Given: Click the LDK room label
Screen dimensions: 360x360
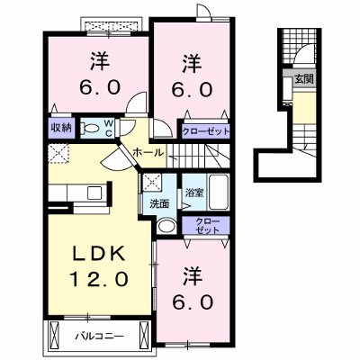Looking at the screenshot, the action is click(x=98, y=255).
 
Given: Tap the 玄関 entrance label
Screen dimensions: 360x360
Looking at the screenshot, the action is click(x=304, y=79).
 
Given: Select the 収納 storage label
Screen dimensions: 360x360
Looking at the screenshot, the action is click(x=61, y=128).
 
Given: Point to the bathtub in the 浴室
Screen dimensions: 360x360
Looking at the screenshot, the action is click(x=219, y=192).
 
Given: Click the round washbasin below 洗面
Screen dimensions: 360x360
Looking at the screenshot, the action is click(x=166, y=227).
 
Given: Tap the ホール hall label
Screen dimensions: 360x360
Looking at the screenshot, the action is click(x=148, y=153).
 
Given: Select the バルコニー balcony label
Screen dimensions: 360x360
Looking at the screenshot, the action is click(x=99, y=336).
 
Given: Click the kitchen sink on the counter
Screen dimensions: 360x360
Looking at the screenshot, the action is click(x=94, y=193).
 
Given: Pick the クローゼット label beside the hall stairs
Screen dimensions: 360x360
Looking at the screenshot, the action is click(x=206, y=131).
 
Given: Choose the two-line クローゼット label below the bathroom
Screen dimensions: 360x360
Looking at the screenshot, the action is click(x=207, y=226).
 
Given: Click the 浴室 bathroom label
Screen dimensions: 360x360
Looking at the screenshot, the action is click(x=194, y=193).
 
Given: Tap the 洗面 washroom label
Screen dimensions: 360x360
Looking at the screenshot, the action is click(x=159, y=204).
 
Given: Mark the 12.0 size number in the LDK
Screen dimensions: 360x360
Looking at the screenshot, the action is click(x=98, y=279).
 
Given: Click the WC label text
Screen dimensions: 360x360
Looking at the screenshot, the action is click(x=108, y=128).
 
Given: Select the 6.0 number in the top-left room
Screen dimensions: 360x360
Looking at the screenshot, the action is click(x=100, y=87).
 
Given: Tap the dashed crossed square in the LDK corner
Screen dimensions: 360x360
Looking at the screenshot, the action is click(x=58, y=154).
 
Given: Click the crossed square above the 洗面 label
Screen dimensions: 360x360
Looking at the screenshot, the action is click(x=152, y=183).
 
